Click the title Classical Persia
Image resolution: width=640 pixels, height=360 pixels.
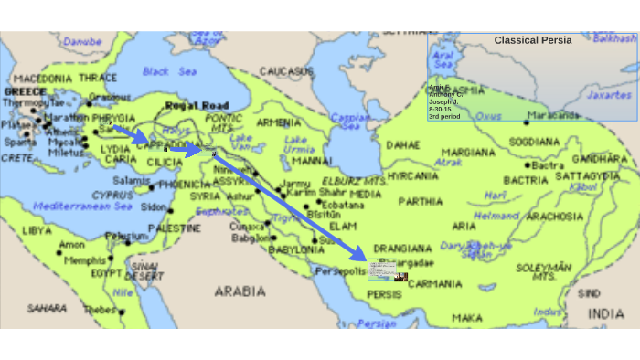pos(533,40)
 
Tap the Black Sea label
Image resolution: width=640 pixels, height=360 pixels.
pos(169,71)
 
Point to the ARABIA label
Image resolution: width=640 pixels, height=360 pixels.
pos(240,291)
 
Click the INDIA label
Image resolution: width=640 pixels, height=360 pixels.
pos(606,313)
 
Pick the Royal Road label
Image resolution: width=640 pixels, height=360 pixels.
pos(197,105)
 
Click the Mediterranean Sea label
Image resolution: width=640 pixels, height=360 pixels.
pos(86,206)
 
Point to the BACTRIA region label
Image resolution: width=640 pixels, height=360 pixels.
pos(526,181)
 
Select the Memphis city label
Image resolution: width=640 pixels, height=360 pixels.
pos(84,260)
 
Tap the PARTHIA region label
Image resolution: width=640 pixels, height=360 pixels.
pos(421,201)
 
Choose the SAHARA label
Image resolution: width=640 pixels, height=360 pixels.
pos(47,309)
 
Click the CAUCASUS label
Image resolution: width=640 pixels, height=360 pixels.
pos(286,71)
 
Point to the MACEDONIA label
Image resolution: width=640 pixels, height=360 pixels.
pos(42,79)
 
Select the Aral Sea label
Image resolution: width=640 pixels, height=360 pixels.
pos(443,60)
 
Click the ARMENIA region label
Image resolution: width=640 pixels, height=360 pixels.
pos(278,122)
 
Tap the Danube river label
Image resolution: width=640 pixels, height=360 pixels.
pos(82,41)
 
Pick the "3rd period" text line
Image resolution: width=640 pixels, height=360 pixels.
pos(445,116)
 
